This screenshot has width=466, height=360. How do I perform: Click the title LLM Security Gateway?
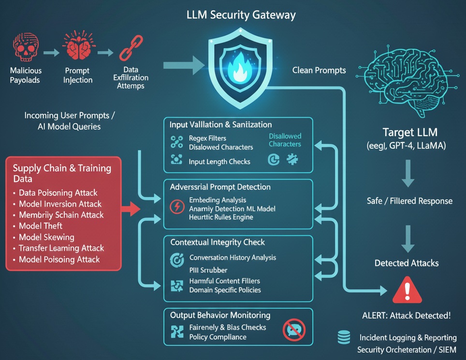coord(241,15)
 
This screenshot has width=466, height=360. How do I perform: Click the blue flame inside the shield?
coord(240,68)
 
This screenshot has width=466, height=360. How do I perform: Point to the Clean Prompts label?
coord(319,70)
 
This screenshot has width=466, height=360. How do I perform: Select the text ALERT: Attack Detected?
coord(406,315)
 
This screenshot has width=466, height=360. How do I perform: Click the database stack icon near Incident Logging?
coord(344,337)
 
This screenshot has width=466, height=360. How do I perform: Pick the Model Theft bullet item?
coord(41,226)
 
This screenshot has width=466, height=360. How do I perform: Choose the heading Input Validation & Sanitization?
coord(220,125)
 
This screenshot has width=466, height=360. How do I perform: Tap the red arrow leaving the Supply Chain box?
coord(130,209)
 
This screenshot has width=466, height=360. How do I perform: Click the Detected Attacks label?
coord(407,263)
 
